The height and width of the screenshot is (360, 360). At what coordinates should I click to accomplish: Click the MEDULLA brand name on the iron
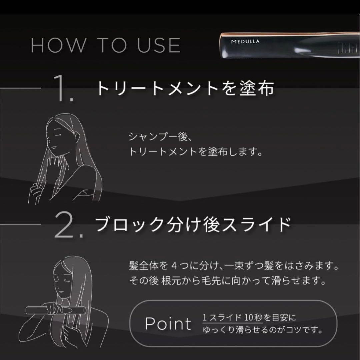pos(246,42)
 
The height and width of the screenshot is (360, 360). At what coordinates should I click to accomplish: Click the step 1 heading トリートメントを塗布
pos(185,88)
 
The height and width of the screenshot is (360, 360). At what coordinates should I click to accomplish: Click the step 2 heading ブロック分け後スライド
pos(193,224)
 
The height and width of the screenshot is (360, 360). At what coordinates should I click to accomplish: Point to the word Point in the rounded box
pos(168,323)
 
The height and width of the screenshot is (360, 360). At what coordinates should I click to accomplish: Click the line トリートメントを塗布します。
pos(195,152)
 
